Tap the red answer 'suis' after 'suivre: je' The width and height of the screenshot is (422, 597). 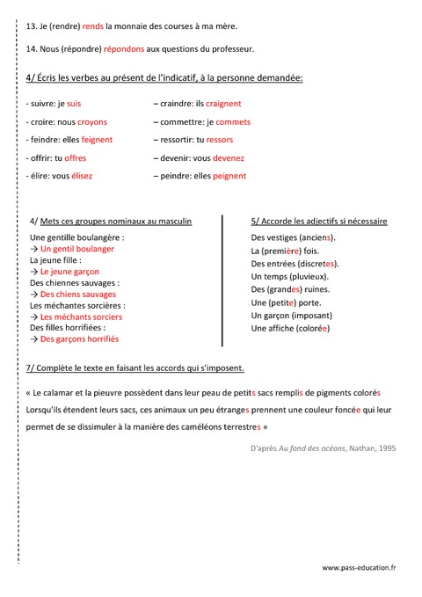click(74, 104)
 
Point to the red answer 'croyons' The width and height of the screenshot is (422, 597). click(92, 122)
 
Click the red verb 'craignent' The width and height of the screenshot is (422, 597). click(223, 104)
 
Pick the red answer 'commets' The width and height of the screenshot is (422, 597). click(233, 122)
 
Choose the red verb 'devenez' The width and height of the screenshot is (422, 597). click(227, 158)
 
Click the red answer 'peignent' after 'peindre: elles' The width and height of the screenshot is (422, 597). click(229, 176)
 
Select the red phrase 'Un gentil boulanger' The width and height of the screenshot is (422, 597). click(77, 249)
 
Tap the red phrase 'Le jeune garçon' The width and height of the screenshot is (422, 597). click(71, 272)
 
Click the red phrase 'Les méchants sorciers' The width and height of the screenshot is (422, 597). click(81, 317)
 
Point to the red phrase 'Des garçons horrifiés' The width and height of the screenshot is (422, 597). click(79, 339)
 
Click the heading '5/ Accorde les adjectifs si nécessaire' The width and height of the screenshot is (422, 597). click(319, 222)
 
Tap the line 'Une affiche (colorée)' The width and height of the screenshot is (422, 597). click(290, 328)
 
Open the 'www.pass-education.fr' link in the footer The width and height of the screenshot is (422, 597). click(359, 569)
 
